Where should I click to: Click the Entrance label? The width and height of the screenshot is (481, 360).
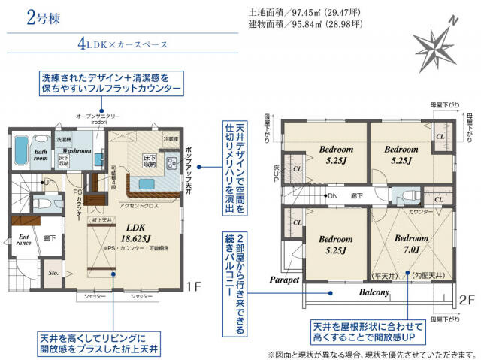[x=23, y=241]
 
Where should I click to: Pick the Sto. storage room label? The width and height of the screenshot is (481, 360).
[x=53, y=274]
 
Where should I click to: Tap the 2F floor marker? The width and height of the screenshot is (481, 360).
[x=467, y=298]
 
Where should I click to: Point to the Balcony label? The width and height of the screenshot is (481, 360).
[x=373, y=293]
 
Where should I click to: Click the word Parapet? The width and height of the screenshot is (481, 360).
[x=285, y=278]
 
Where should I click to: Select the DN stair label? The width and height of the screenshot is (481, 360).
[x=331, y=197]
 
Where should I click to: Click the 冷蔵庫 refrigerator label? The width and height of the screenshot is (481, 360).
[x=171, y=138]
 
